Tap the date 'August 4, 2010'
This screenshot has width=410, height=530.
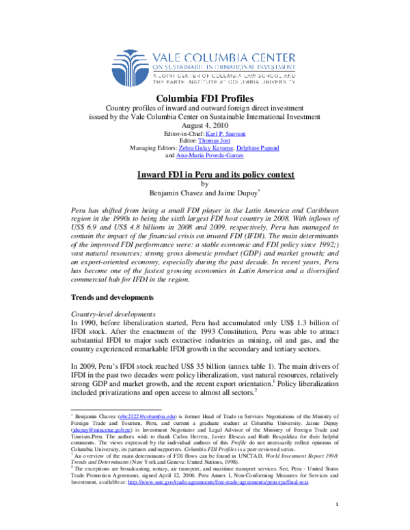tap(205, 125)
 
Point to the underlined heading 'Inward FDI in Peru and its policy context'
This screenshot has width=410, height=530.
tap(205, 175)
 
